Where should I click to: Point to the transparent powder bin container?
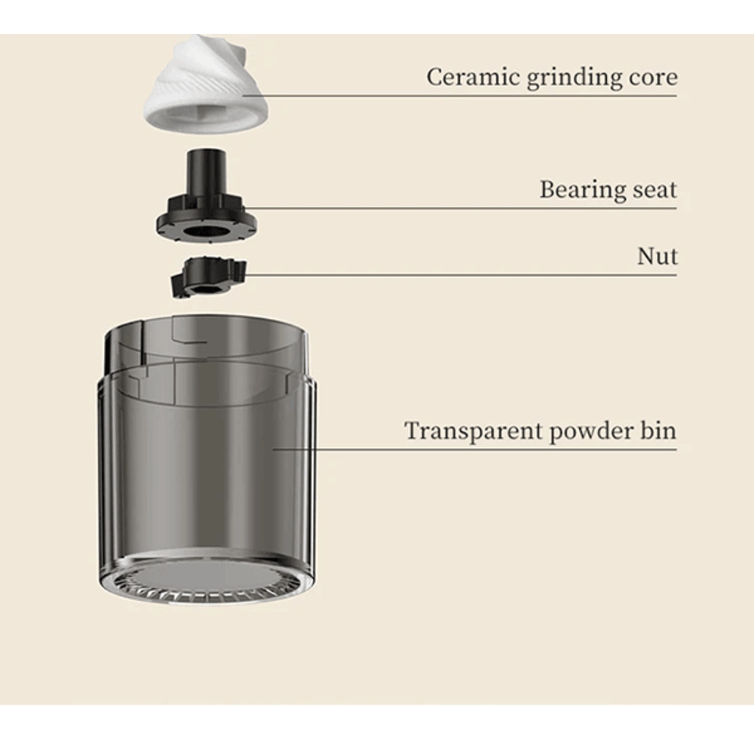click(x=207, y=452)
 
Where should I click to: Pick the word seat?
click(x=653, y=189)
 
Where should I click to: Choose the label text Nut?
click(x=657, y=256)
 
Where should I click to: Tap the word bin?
click(x=659, y=431)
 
